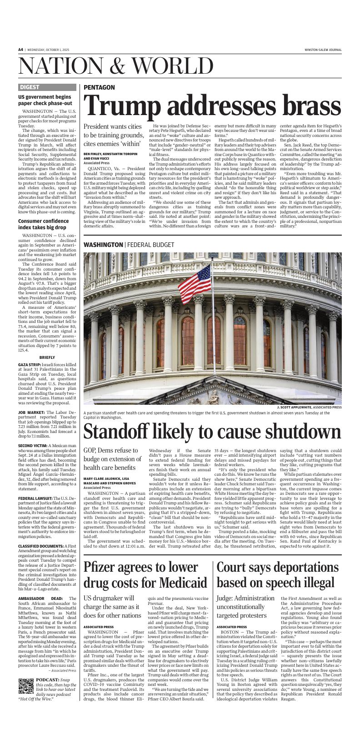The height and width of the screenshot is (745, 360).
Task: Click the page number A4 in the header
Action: coord(20,50)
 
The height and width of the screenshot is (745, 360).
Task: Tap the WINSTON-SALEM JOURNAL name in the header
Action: coord(323,50)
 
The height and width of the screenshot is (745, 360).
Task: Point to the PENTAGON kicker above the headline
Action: coord(99,87)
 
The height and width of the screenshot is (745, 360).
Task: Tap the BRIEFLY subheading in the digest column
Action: coord(47,357)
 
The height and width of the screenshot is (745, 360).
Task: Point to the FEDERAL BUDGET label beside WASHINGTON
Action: coord(148,245)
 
